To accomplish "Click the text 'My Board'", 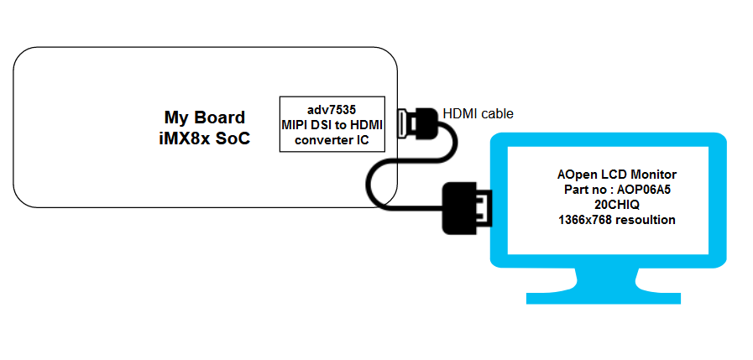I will point(205,117).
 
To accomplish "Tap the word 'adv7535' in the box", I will point(332,110).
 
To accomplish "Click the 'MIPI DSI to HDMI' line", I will point(332,125).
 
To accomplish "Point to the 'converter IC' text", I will point(332,140).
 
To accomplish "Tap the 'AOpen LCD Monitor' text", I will point(616,175).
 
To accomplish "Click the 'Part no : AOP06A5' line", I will point(616,190).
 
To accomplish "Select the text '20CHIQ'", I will point(616,205).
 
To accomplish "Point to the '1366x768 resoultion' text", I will point(616,220).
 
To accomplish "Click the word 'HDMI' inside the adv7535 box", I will point(367,125).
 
